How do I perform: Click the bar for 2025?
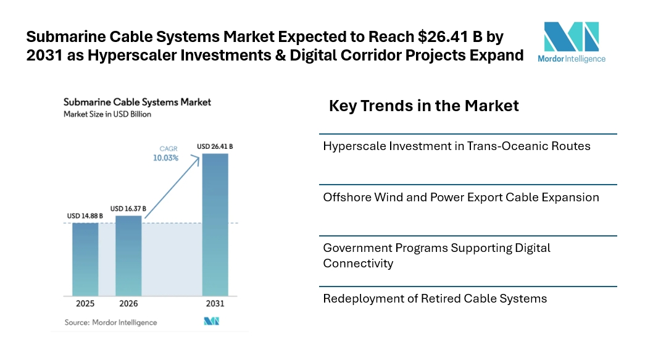click(85, 259)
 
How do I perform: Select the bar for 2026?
click(128, 255)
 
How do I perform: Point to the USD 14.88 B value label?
click(85, 216)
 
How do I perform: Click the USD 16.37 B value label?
click(128, 209)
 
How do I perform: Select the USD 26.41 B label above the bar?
click(215, 146)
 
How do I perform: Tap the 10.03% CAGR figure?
click(166, 158)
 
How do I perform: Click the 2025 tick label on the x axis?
click(85, 304)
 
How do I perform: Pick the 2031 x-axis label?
click(215, 304)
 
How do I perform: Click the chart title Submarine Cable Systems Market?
click(137, 102)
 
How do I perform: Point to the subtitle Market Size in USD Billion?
click(107, 114)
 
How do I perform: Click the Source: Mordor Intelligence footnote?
click(110, 322)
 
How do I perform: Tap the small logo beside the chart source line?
click(212, 322)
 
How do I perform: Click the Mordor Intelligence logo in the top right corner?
click(571, 43)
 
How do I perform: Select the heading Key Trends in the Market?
click(424, 106)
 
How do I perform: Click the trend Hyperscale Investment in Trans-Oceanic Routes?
click(457, 146)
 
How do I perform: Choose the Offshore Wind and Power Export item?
click(461, 198)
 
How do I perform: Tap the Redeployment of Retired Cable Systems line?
click(435, 299)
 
